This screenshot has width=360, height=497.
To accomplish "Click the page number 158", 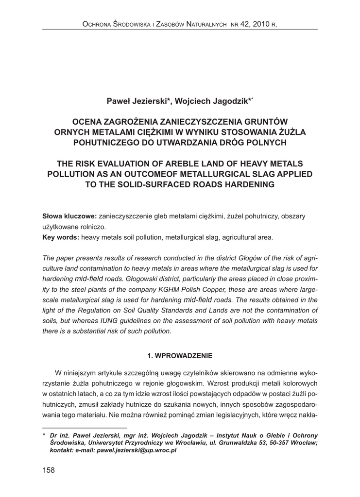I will click(49, 470).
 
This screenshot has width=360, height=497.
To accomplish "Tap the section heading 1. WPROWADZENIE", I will click(180, 356).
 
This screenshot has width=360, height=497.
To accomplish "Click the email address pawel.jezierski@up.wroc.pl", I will click(137, 450).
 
